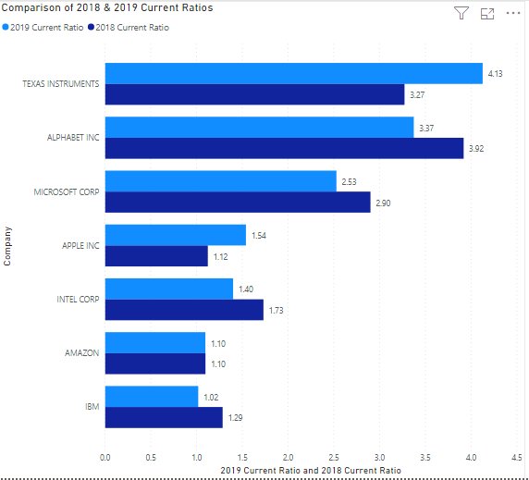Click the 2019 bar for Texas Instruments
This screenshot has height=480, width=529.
click(293, 73)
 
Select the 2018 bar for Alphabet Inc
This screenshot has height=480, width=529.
click(284, 148)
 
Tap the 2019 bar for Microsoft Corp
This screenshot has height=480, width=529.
click(220, 180)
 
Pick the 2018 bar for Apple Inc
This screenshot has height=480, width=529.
click(156, 255)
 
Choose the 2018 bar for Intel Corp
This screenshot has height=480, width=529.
click(184, 310)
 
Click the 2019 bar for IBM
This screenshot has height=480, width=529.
click(151, 397)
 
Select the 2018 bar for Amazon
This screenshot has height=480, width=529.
click(154, 363)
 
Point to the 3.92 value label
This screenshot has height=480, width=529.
click(476, 148)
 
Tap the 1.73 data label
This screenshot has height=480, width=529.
click(276, 311)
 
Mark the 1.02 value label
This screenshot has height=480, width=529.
click(211, 397)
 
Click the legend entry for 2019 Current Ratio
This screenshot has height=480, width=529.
click(46, 28)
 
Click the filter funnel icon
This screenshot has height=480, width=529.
click(461, 13)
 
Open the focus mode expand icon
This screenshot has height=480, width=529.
click(487, 13)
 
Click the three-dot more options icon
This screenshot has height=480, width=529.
click(513, 13)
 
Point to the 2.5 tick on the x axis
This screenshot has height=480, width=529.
click(334, 456)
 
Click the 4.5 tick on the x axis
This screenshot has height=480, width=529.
click(516, 456)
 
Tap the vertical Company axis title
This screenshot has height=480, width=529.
click(8, 246)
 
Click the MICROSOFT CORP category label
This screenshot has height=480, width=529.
click(67, 191)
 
